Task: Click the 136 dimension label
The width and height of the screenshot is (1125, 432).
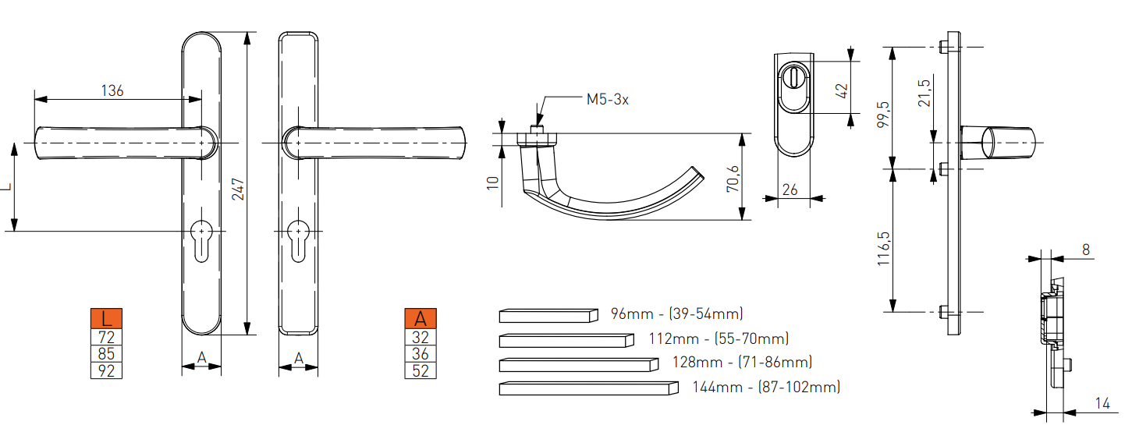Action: click(112, 90)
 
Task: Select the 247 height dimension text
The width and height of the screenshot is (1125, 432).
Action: click(238, 189)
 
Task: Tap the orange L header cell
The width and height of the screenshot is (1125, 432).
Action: click(106, 319)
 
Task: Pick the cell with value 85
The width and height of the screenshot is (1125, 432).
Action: click(106, 354)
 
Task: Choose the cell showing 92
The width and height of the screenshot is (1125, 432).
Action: click(106, 371)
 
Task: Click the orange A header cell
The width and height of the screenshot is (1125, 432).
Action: click(421, 319)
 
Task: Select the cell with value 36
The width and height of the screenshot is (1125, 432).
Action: click(421, 354)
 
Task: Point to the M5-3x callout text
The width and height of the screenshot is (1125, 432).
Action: click(607, 99)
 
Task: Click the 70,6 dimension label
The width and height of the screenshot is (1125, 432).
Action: click(733, 179)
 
